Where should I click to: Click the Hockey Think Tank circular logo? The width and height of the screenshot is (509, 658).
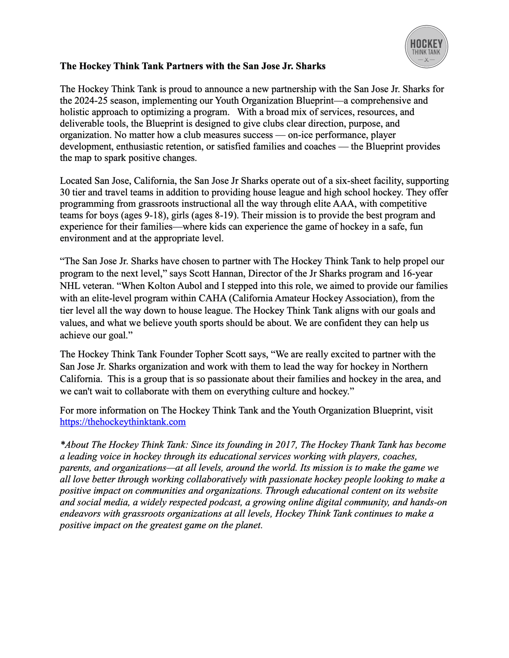[426, 47]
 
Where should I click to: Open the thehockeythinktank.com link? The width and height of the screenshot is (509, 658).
[123, 422]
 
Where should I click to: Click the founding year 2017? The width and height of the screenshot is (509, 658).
[286, 445]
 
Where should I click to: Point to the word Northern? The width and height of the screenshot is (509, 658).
[410, 367]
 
